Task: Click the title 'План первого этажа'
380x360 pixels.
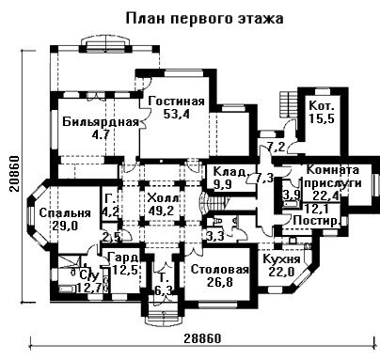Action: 205,19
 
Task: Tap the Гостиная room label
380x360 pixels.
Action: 177,102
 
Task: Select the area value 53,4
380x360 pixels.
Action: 177,114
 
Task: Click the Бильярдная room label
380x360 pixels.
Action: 101,121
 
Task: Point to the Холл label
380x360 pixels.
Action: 163,198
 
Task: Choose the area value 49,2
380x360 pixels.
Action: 161,211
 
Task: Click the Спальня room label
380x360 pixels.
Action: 65,213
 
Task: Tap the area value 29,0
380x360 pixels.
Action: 65,226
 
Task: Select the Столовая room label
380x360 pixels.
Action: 219,270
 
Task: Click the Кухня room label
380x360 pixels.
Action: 281,259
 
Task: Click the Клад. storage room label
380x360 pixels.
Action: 231,172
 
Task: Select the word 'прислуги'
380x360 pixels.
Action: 333,183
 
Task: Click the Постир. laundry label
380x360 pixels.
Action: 316,221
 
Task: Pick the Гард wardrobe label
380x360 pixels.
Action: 123,258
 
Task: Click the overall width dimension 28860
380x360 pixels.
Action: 202,338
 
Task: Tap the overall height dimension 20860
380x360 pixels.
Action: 15,173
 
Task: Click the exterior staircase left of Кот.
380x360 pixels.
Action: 284,104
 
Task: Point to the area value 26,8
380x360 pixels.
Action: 220,282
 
